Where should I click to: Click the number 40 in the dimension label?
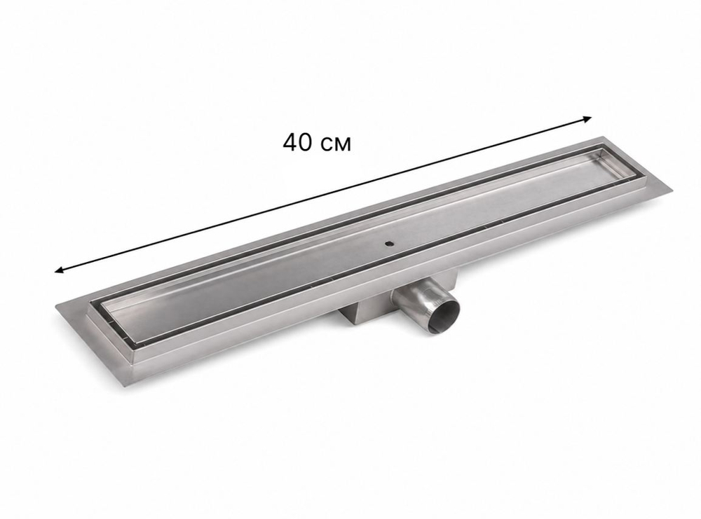[297, 142]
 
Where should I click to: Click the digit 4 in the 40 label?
[290, 142]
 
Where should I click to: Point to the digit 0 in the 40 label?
[306, 142]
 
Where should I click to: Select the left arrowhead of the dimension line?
[59, 270]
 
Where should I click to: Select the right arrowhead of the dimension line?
[587, 119]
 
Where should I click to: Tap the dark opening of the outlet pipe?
[443, 314]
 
